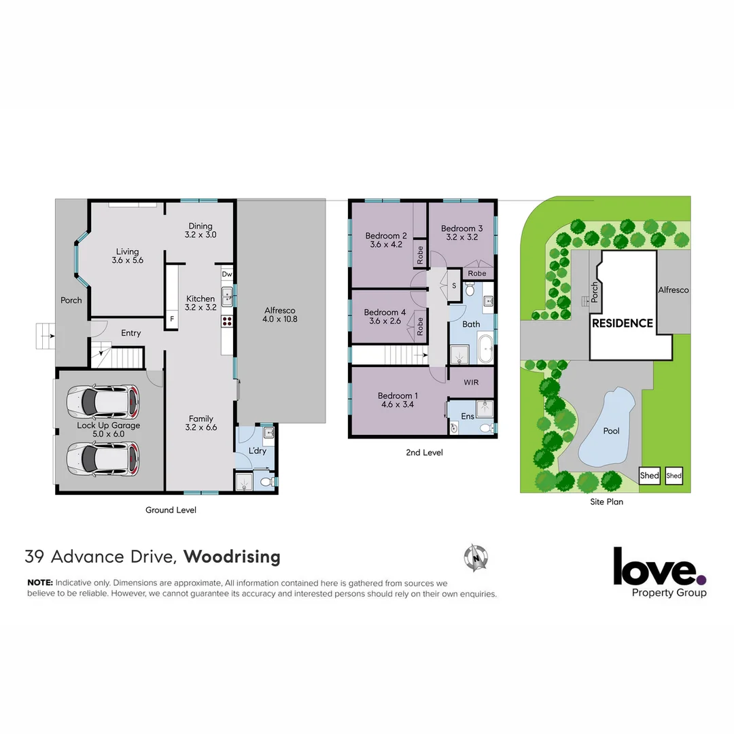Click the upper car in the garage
click(x=103, y=402)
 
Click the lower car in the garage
click(x=103, y=459)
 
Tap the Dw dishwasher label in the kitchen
click(x=227, y=275)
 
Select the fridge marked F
click(x=171, y=318)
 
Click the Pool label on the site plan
click(x=611, y=431)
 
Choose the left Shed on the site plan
click(x=649, y=476)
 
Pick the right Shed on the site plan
click(x=674, y=476)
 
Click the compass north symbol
click(x=476, y=558)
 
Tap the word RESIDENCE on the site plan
click(x=622, y=324)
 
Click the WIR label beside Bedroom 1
click(x=471, y=383)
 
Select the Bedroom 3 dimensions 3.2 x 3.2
click(x=461, y=239)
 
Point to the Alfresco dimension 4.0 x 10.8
click(x=281, y=319)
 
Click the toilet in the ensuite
click(x=485, y=428)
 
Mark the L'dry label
click(x=257, y=451)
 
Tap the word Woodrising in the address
click(x=232, y=557)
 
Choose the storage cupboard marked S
click(x=453, y=285)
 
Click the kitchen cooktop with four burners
click(x=227, y=322)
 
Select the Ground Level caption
click(x=171, y=510)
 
